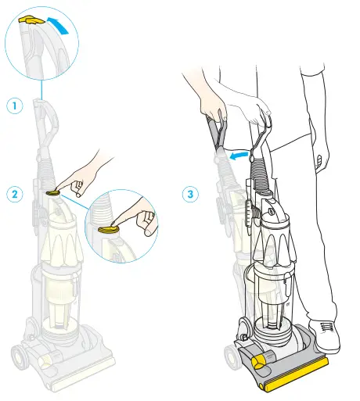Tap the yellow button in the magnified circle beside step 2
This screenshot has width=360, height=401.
[110, 229]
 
